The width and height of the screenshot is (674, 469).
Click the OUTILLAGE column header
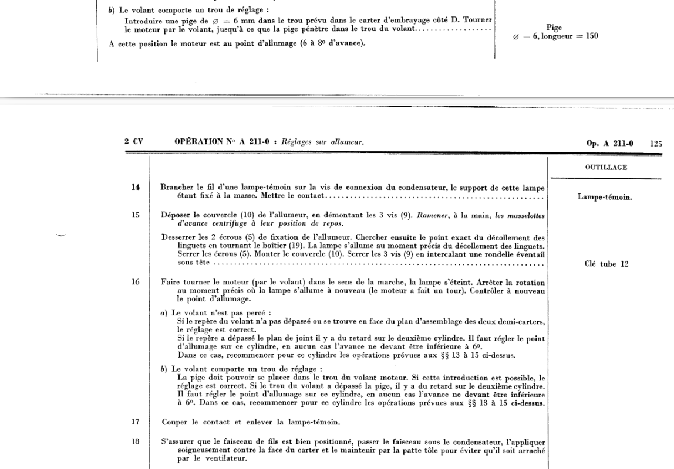pyautogui.click(x=607, y=168)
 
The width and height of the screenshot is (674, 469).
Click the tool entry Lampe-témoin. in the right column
pyautogui.click(x=605, y=197)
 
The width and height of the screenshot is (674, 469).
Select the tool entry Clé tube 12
pyautogui.click(x=607, y=264)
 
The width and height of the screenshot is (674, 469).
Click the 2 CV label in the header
pyautogui.click(x=134, y=142)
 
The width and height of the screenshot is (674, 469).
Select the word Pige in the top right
pyautogui.click(x=554, y=27)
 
